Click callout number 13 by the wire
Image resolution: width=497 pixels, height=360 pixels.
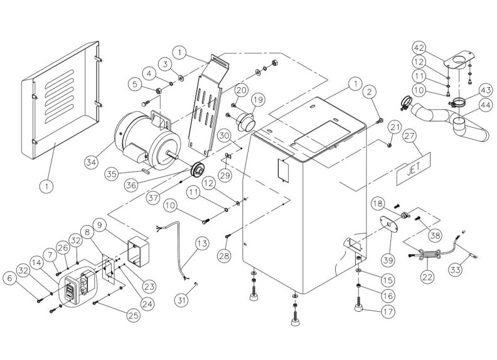click(201, 243)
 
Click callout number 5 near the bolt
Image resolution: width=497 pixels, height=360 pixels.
click(136, 83)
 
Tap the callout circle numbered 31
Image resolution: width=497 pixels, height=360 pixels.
click(181, 300)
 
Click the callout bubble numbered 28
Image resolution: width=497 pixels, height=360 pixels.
click(225, 255)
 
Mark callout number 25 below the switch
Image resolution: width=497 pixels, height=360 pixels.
click(132, 315)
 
